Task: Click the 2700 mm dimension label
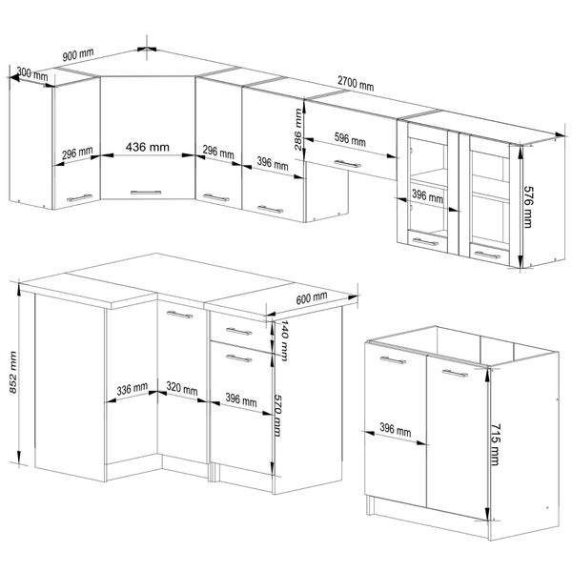[356, 84]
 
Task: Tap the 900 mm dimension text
[78, 54]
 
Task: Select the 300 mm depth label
[32, 73]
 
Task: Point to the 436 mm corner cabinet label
[148, 147]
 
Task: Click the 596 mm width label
[350, 139]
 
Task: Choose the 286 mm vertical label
[298, 130]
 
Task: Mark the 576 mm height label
[528, 207]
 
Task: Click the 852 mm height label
[13, 372]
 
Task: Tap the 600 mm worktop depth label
[312, 298]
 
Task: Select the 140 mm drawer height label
[284, 340]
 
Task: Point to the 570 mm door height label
[277, 415]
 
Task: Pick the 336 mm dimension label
[133, 389]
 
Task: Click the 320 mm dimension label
[182, 388]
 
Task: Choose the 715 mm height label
[494, 444]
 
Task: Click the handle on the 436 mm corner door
[146, 193]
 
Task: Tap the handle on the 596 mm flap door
[348, 164]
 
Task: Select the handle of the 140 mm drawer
[239, 331]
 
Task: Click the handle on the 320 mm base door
[179, 315]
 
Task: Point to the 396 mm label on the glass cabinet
[427, 196]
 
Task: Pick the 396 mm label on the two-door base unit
[396, 429]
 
